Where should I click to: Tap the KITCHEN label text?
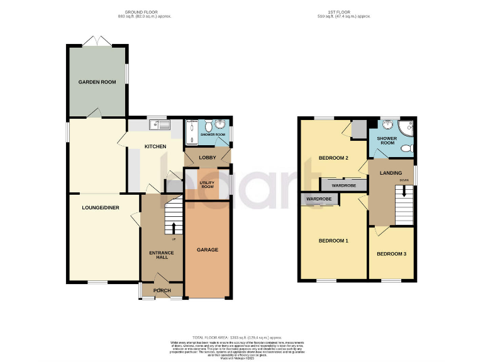(x=155, y=146)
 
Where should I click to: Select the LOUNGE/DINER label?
(x=101, y=207)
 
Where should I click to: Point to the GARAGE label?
(x=208, y=250)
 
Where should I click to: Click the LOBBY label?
(x=207, y=157)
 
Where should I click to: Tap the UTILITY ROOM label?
(x=207, y=185)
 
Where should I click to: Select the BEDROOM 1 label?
(x=333, y=241)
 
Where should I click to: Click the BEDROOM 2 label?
(x=333, y=158)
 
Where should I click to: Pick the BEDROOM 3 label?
(x=391, y=253)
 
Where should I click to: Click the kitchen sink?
(x=162, y=124)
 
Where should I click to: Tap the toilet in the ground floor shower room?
(x=220, y=124)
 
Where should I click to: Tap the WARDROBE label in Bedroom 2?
(x=344, y=186)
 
